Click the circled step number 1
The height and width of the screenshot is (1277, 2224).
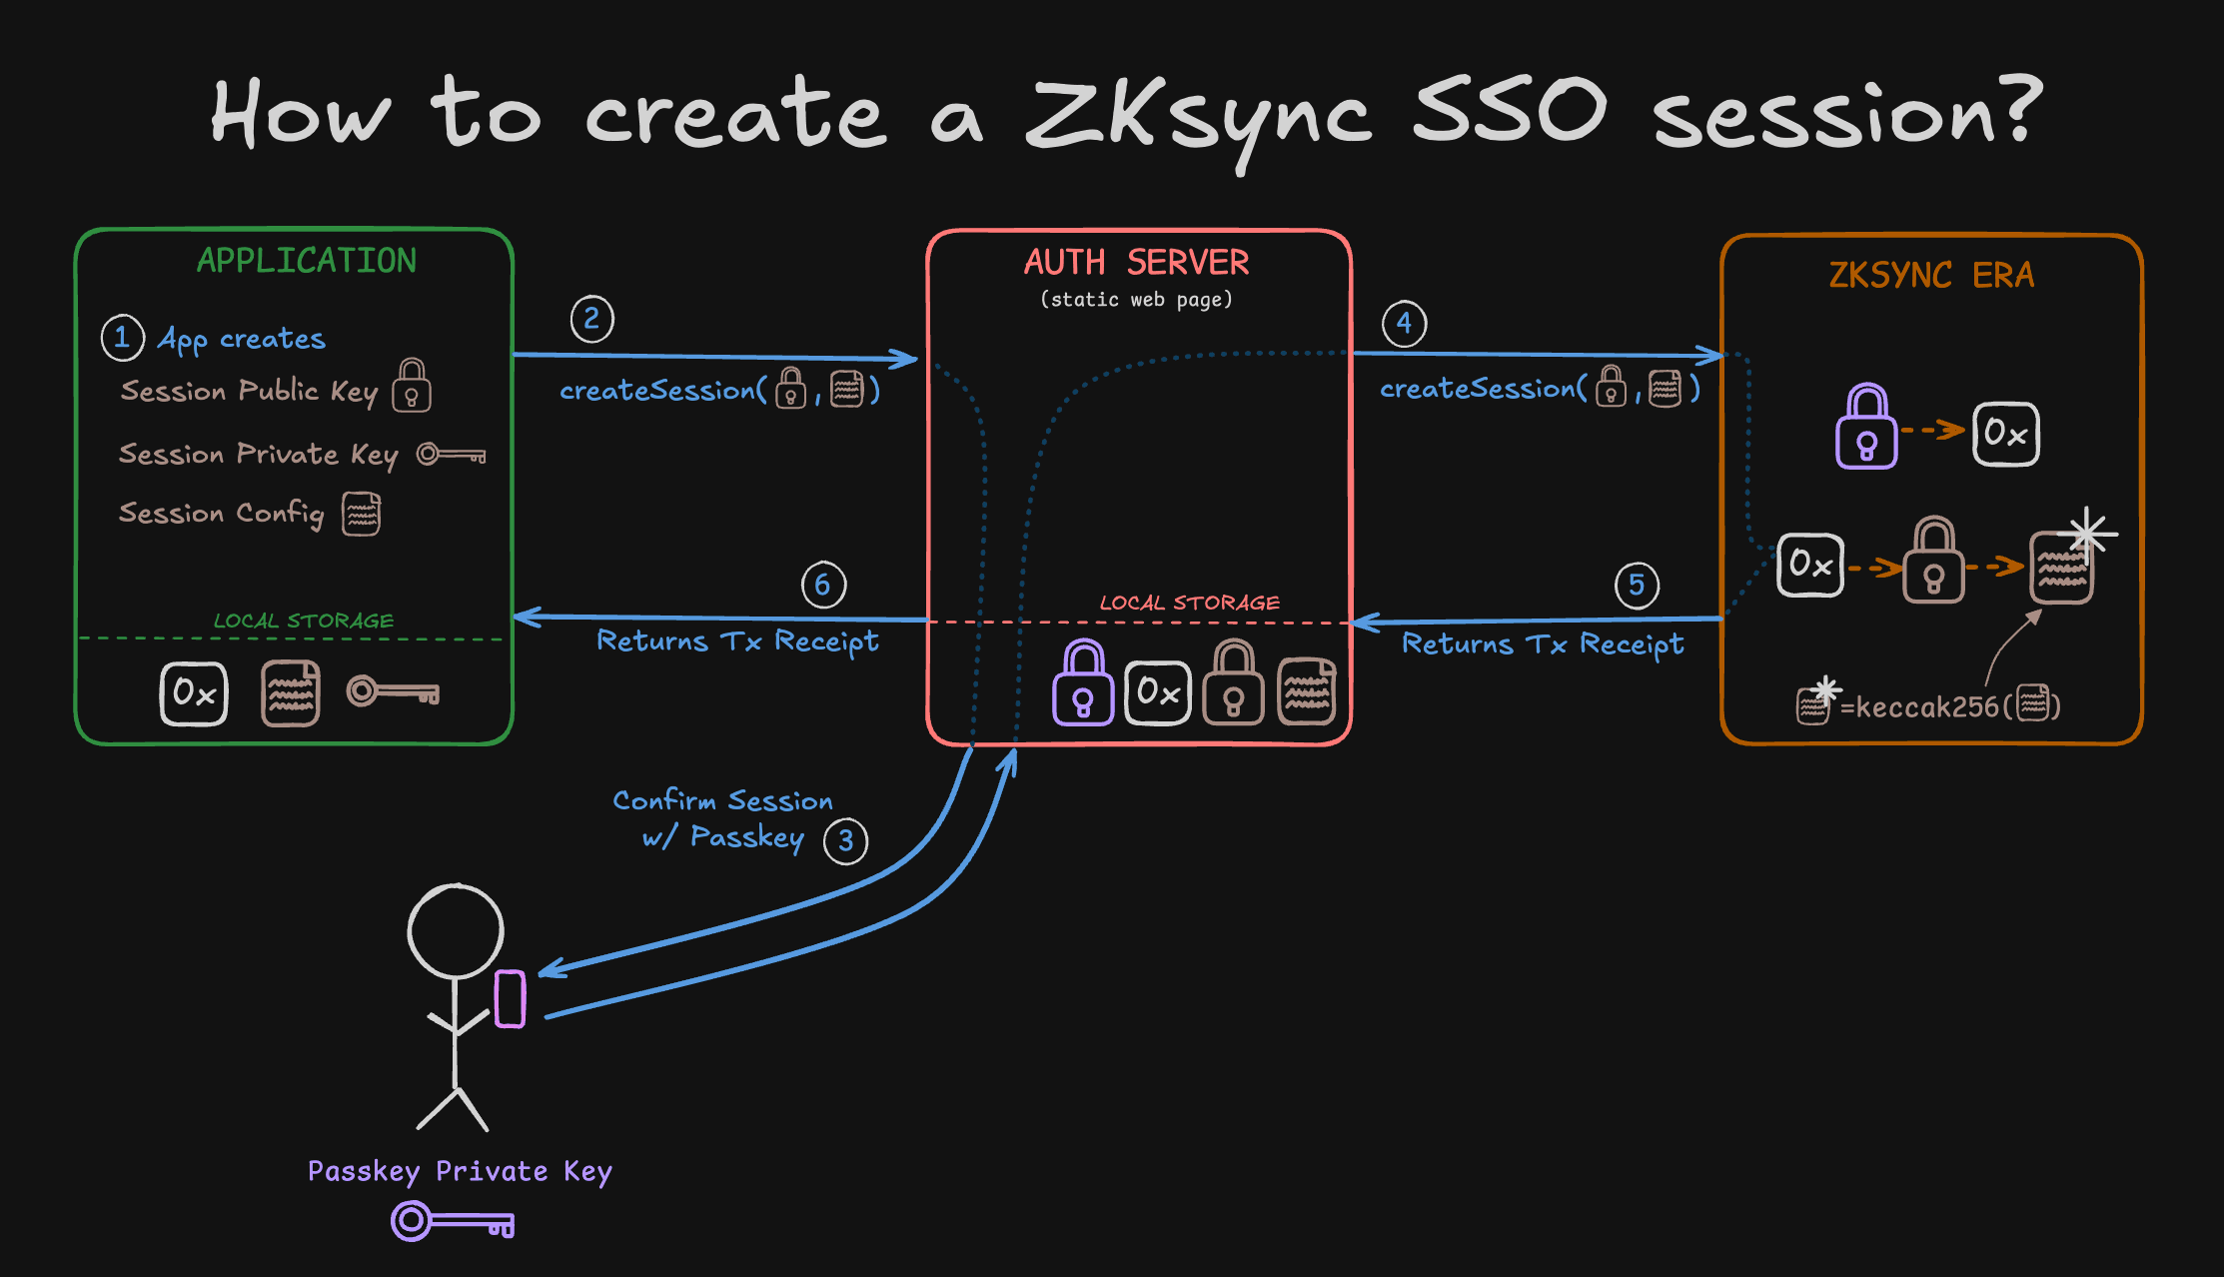coord(122,338)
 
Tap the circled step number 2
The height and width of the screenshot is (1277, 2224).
coord(591,320)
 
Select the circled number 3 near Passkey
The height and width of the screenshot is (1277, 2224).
coord(845,841)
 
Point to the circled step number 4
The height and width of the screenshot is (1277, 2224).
coord(1404,324)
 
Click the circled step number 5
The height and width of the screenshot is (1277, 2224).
coord(1637,585)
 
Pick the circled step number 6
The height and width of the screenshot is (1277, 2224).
coord(823,585)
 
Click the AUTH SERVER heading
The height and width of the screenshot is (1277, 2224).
coord(1136,263)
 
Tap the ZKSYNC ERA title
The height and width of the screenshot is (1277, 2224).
coord(1930,275)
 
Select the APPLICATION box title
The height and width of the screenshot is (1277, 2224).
coord(306,261)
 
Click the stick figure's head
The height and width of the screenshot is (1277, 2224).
coord(456,931)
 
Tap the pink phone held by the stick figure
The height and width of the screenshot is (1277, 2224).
coord(511,998)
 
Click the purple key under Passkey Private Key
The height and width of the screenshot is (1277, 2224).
coord(453,1221)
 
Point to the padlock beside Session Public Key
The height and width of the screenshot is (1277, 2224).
coord(412,386)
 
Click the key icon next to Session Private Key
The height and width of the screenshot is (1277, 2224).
coord(451,455)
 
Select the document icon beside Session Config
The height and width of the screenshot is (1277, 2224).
coord(361,514)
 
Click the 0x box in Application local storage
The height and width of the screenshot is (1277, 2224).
coord(194,693)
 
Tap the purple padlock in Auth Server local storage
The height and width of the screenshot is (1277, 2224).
coord(1082,683)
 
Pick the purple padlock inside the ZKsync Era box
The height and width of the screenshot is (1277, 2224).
coord(1865,428)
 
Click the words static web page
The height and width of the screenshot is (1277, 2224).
coord(1136,300)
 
